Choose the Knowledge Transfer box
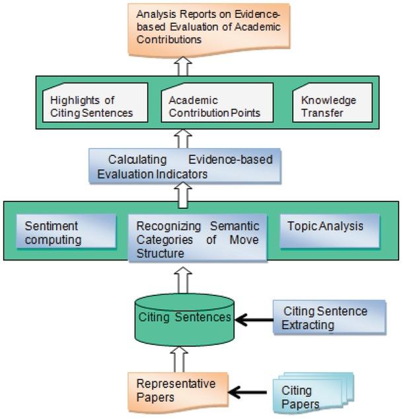tap(332, 106)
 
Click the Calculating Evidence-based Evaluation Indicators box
tap(181, 165)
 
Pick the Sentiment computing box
tap(61, 232)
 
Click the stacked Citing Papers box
tap(312, 395)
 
